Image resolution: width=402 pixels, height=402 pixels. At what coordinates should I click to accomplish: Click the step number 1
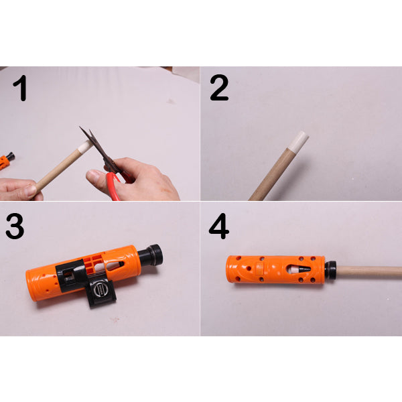(x=20, y=88)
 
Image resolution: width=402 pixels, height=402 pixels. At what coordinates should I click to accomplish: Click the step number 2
(x=219, y=88)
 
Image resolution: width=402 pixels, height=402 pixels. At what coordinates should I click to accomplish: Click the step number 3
(x=15, y=226)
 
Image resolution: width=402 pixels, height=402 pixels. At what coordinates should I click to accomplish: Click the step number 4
(x=218, y=226)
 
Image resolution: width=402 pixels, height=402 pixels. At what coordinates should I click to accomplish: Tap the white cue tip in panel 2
(x=299, y=141)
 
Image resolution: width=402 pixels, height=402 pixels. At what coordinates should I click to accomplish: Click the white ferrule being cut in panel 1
(x=84, y=147)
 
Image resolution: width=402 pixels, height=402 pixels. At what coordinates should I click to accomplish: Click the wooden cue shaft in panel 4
(x=369, y=272)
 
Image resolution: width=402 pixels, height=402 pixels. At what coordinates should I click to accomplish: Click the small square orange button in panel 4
(x=260, y=267)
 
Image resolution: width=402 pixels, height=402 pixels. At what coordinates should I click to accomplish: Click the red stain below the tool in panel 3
(x=115, y=320)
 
